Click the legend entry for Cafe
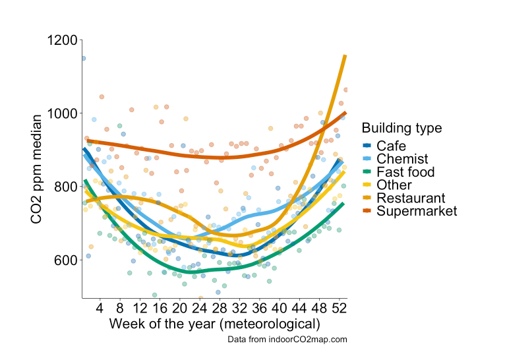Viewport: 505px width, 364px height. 391,146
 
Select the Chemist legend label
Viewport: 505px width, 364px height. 402,159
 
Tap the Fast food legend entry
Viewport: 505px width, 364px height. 405,172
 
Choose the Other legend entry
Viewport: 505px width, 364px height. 394,185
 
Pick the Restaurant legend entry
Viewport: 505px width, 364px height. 411,198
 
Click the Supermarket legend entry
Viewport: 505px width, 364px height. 417,211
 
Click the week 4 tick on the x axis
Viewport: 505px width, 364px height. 100,308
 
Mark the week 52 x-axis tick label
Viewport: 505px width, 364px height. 340,308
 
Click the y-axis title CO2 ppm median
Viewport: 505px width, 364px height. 38,168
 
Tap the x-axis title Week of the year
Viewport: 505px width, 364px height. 214,324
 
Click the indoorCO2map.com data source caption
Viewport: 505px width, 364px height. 287,339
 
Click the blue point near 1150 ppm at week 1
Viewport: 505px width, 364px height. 83,58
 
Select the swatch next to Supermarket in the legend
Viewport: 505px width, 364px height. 367,211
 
